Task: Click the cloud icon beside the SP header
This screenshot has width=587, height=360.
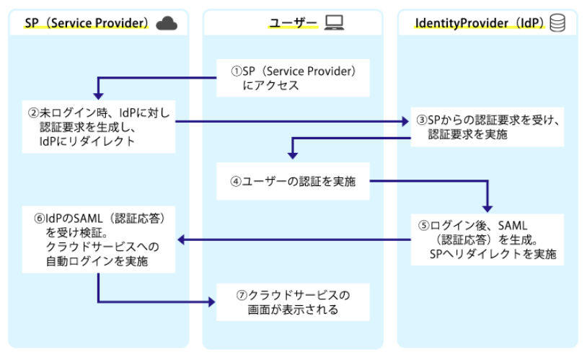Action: point(167,23)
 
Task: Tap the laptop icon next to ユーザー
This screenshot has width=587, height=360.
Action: point(334,23)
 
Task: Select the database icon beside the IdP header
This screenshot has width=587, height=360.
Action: point(557,23)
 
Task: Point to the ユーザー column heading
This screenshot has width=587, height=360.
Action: point(293,24)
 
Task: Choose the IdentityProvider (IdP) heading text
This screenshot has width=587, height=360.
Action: point(479,24)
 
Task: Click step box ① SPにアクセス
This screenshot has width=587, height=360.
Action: point(293,78)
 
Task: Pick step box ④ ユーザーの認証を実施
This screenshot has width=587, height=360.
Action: point(293,181)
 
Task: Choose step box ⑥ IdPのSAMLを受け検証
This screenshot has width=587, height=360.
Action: point(98,240)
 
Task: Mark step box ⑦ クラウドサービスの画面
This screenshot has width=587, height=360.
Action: point(293,302)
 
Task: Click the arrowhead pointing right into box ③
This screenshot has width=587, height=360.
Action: point(404,121)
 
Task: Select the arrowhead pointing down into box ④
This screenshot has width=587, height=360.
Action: point(292,154)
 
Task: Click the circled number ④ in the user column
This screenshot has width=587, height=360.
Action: point(235,181)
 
